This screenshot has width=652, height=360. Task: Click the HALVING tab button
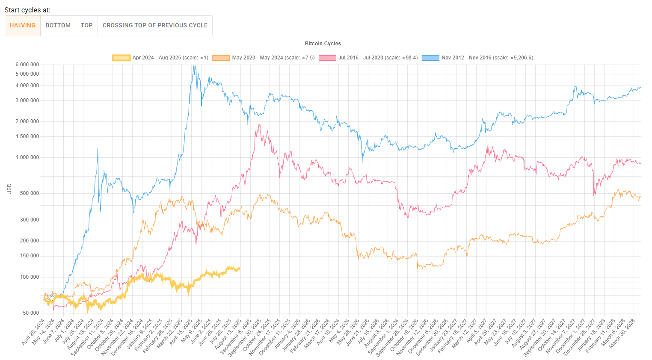[23, 26]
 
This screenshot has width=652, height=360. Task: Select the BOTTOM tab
[58, 26]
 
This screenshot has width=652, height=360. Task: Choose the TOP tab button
[87, 26]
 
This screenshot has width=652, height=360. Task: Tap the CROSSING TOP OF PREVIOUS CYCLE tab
[155, 26]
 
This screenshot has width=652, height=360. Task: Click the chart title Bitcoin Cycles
[323, 44]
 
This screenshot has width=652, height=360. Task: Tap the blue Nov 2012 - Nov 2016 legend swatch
[430, 58]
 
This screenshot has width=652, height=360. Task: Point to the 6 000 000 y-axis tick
[27, 65]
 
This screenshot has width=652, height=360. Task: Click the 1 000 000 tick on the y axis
[27, 157]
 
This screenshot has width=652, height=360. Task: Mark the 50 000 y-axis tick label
[31, 313]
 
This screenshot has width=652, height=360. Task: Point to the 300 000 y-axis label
[29, 220]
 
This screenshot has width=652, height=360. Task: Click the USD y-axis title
[9, 189]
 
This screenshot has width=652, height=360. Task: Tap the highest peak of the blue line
[195, 66]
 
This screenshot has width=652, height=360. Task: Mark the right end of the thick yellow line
[240, 269]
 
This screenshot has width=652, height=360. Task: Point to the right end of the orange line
[641, 198]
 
